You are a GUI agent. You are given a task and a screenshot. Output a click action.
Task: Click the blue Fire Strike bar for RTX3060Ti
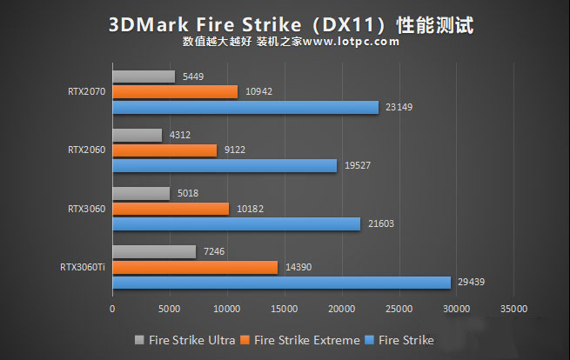click(x=281, y=282)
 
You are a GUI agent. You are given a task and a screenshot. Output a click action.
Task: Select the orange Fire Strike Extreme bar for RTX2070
click(x=175, y=91)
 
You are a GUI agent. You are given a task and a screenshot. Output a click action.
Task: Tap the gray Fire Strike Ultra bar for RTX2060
click(x=137, y=135)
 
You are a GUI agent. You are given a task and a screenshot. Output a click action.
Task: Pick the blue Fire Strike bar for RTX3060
click(x=236, y=223)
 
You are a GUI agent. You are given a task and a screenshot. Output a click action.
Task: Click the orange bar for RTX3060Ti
click(x=195, y=267)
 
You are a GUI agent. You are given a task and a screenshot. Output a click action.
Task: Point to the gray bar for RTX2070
click(x=144, y=77)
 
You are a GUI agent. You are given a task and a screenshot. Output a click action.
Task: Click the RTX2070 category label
click(x=86, y=91)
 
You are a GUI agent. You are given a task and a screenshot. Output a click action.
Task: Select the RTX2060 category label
click(x=86, y=150)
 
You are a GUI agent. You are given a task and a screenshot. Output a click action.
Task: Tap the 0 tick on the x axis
click(x=112, y=308)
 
